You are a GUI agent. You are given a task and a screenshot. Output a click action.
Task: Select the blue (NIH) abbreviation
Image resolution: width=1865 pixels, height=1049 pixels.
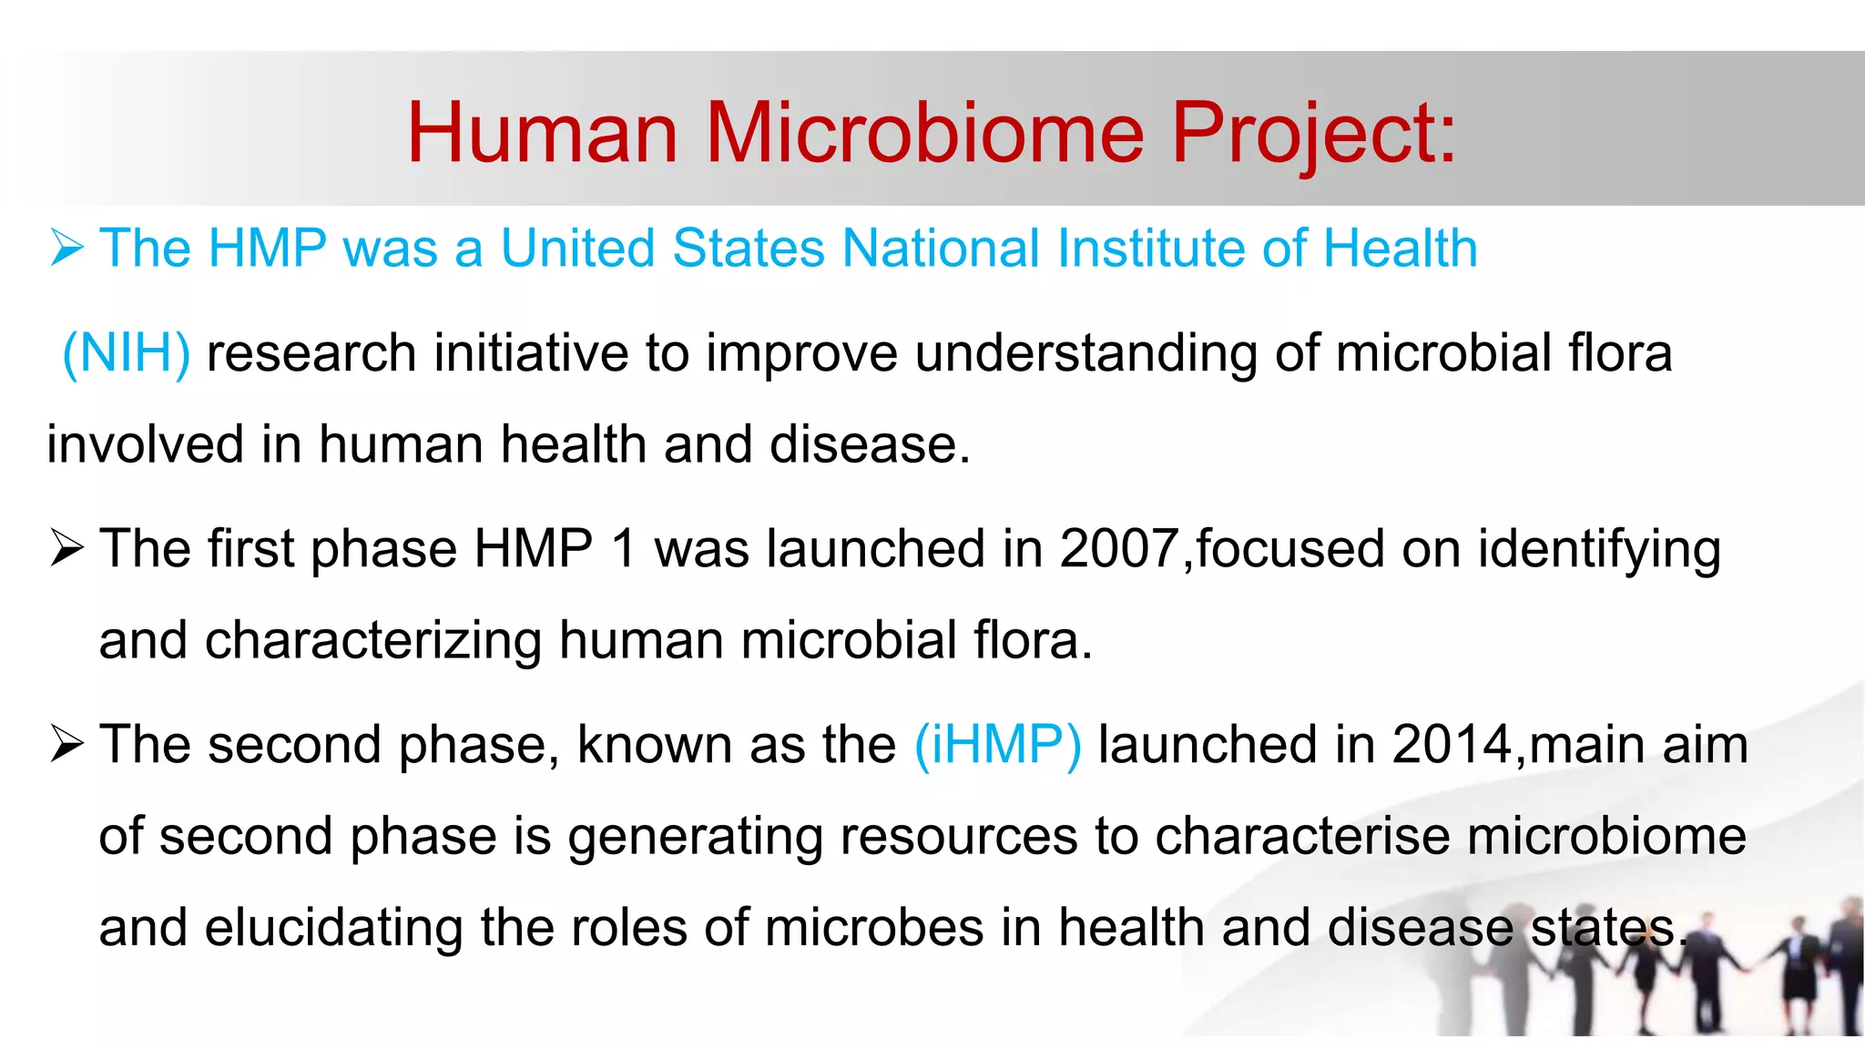(127, 353)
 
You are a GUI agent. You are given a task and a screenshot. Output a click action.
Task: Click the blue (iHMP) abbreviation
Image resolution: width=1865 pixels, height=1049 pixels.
(998, 745)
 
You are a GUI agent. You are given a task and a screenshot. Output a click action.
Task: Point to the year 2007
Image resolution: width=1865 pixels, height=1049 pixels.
(1119, 549)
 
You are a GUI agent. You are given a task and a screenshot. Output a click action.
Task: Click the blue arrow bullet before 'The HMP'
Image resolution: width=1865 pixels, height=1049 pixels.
(68, 248)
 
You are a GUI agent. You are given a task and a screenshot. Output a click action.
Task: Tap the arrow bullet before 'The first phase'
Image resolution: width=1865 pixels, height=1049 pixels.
(68, 549)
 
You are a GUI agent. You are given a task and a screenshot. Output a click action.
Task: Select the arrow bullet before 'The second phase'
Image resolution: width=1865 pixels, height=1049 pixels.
(68, 745)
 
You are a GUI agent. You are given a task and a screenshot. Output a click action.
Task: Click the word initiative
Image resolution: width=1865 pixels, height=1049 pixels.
(531, 353)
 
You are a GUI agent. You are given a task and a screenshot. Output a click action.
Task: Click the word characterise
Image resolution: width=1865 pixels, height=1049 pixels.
(1302, 836)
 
